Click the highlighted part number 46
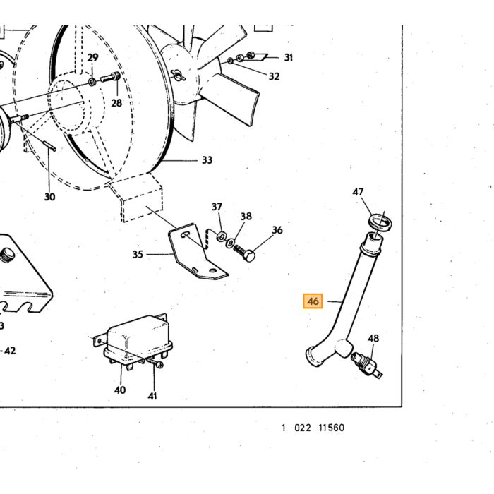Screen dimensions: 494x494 point(313,301)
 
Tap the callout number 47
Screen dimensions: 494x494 point(358,192)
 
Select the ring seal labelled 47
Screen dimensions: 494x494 point(380,222)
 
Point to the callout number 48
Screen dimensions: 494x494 point(373,338)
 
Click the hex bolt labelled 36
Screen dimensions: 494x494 point(244,253)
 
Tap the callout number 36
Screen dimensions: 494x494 point(277,230)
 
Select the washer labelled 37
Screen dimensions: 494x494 point(221,236)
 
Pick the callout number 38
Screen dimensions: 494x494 point(246,216)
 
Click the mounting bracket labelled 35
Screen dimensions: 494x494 point(197,252)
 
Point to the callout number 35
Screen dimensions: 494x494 point(138,254)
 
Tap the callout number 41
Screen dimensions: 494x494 point(152,396)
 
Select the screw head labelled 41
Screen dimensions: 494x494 point(159,365)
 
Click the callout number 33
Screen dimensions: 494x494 point(207,160)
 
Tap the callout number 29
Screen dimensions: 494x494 point(92,57)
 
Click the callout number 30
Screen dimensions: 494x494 point(50,197)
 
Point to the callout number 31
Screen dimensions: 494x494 point(289,57)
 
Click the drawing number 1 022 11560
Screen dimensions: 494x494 point(313,428)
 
